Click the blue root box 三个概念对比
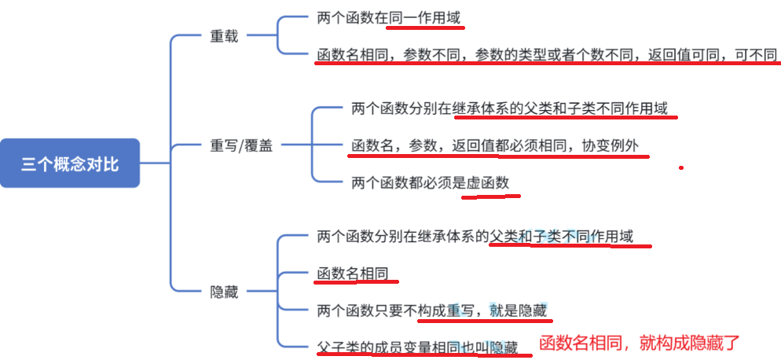click(70, 163)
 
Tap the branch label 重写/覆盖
click(241, 145)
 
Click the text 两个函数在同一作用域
click(389, 17)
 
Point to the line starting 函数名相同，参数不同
click(546, 55)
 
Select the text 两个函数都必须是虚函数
click(430, 183)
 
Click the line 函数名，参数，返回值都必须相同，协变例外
click(500, 146)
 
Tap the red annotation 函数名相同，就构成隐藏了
click(640, 343)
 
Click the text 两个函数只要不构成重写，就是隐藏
click(432, 309)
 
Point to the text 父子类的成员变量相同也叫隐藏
click(417, 346)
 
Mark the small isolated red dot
click(681, 167)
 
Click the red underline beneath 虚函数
click(487, 197)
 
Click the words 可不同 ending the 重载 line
click(755, 55)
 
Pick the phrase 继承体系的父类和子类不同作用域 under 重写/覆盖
click(560, 109)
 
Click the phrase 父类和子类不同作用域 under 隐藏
click(561, 235)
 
